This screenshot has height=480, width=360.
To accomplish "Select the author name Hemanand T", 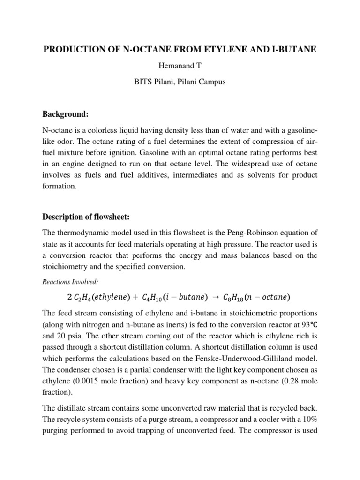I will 180,66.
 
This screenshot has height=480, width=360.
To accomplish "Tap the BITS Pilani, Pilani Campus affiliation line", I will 180,82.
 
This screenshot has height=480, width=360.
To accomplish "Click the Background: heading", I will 66,114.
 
